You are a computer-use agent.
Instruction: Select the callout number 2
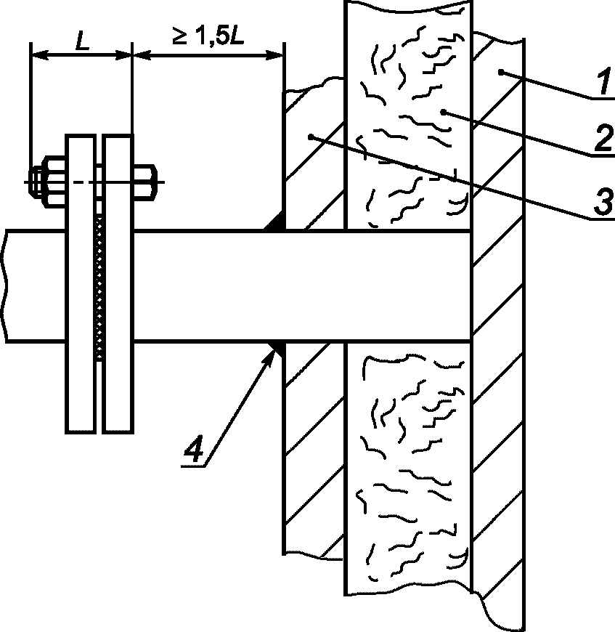pos(603,138)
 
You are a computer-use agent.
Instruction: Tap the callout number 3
pos(603,202)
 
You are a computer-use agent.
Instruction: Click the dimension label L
pos(83,41)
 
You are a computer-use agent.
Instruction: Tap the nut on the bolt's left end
pos(47,182)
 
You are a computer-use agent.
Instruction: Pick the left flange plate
pos(81,284)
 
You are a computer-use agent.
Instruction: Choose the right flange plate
pos(118,284)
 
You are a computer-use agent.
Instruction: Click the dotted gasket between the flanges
pos(99,288)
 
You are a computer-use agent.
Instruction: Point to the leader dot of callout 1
pos(500,73)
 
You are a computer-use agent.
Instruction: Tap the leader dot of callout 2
pos(443,113)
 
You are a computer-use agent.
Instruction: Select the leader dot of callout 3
pos(311,137)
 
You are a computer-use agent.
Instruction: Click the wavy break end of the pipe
pos(5,286)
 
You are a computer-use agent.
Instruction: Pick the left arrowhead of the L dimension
pos(40,56)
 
